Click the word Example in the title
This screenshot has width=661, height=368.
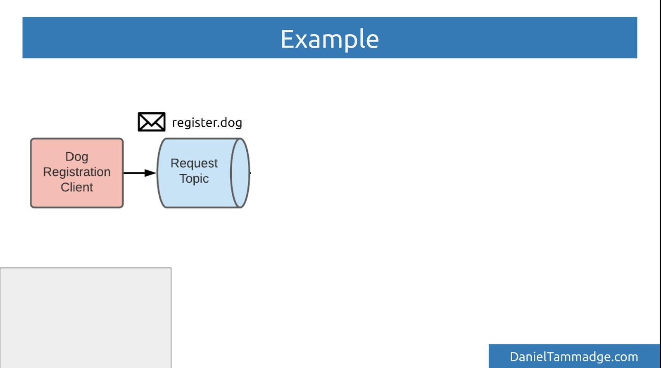pyautogui.click(x=329, y=39)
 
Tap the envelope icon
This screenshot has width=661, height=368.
pyautogui.click(x=152, y=122)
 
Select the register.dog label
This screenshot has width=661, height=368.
pyautogui.click(x=207, y=123)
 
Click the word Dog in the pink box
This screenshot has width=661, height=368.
pyautogui.click(x=77, y=157)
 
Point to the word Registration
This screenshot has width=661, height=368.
pyautogui.click(x=77, y=172)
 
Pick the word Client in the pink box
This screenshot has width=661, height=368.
pyautogui.click(x=77, y=187)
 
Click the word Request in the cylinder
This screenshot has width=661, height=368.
pyautogui.click(x=194, y=163)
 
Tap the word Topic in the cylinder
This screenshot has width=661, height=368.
pyautogui.click(x=194, y=179)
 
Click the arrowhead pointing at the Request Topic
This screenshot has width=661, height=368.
pyautogui.click(x=150, y=173)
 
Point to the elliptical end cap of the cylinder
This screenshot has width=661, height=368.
pyautogui.click(x=240, y=173)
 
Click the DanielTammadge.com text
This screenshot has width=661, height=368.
pyautogui.click(x=574, y=357)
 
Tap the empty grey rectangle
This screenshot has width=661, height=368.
pyautogui.click(x=86, y=318)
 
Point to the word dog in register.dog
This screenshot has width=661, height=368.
pyautogui.click(x=231, y=123)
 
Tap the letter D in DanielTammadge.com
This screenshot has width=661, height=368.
pyautogui.click(x=514, y=357)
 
